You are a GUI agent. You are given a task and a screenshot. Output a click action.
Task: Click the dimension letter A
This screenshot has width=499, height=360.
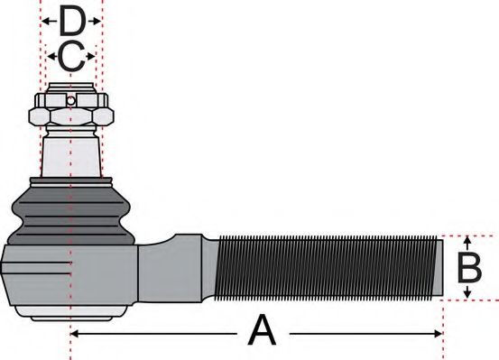point(262,331)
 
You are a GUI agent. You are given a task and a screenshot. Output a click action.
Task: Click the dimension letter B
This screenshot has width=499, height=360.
point(469,268)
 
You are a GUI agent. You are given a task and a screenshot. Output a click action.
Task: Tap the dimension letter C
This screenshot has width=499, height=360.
point(71,56)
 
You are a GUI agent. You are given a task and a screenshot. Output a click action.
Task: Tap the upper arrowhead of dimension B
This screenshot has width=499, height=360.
point(467,242)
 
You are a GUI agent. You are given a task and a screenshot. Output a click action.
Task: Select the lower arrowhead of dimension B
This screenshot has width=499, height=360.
point(467,294)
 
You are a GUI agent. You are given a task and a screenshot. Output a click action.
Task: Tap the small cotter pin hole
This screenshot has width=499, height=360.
point(69,100)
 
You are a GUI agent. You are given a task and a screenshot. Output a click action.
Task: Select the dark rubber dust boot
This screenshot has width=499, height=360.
point(69,212)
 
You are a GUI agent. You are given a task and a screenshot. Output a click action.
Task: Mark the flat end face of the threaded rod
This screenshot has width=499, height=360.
point(439,268)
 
